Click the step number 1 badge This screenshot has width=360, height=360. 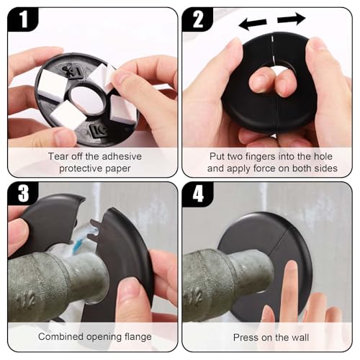(x=22, y=19)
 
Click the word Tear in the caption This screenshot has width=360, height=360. (x=59, y=156)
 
